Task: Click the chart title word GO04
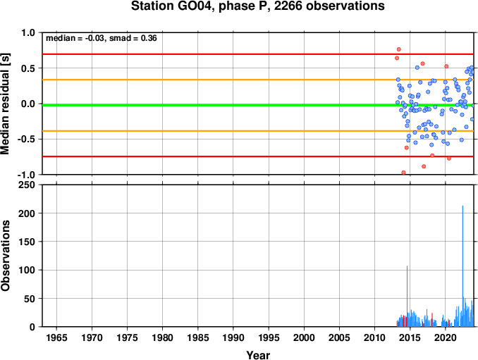(195, 6)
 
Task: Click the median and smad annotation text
(102, 38)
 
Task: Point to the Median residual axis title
(5, 104)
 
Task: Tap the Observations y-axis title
(5, 256)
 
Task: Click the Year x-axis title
(258, 355)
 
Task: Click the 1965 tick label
(56, 337)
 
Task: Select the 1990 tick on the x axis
(233, 337)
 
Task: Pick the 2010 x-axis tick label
(374, 337)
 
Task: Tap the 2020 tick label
(446, 337)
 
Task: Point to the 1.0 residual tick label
(28, 32)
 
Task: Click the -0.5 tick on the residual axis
(27, 139)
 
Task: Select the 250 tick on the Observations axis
(27, 185)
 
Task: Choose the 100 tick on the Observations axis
(27, 270)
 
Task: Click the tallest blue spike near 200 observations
(462, 266)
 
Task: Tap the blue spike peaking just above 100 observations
(407, 296)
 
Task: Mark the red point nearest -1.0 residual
(403, 173)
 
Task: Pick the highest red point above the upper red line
(399, 49)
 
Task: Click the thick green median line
(258, 105)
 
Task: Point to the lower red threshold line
(258, 156)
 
